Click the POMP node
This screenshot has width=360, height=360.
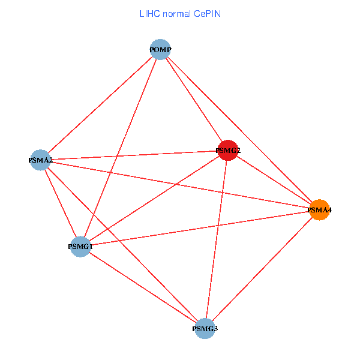160,49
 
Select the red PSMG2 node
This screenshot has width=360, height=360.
227,150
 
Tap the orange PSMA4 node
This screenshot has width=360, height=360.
320,210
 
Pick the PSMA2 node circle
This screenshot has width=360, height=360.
40,160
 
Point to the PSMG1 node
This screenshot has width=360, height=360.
80,246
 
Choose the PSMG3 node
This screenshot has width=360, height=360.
205,329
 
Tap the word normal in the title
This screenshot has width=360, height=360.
178,13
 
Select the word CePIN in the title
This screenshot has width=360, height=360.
207,13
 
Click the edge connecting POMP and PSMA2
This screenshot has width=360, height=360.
100,104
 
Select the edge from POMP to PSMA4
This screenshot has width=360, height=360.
240,130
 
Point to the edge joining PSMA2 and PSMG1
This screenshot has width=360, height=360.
60,203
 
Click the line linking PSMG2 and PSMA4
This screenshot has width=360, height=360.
274,180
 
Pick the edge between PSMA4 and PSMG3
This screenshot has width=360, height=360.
262,269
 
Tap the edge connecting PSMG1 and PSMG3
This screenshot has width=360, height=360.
143,287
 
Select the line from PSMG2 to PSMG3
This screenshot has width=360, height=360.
217,239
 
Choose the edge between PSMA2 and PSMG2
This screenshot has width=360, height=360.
134,155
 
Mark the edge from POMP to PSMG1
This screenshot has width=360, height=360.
120,148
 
